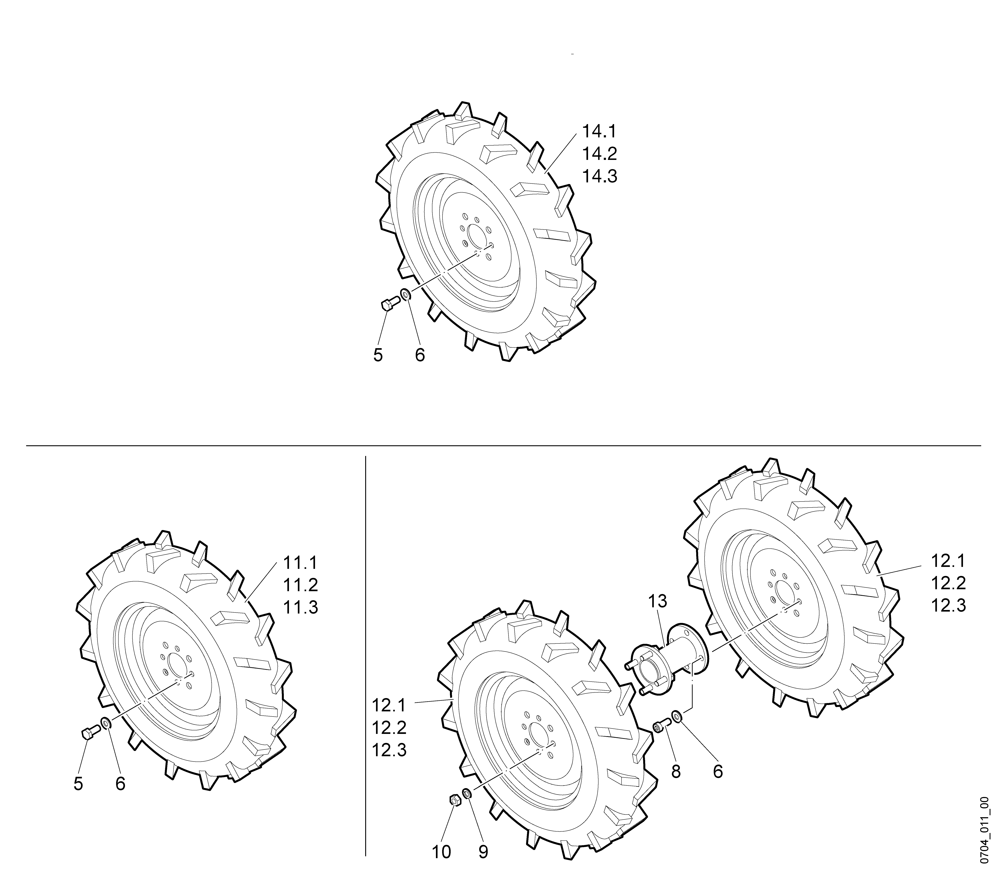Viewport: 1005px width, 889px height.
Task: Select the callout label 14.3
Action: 599,176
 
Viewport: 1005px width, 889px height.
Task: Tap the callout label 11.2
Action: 300,585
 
